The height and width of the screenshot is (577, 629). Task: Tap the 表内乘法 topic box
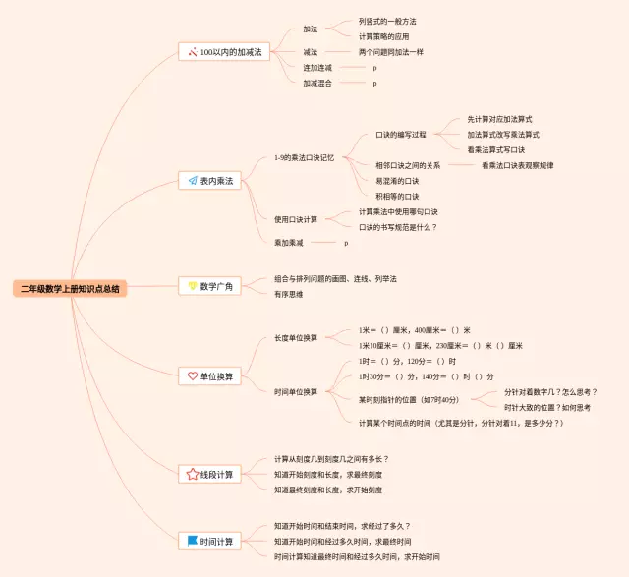coord(210,180)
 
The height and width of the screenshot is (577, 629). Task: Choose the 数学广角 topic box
coord(208,286)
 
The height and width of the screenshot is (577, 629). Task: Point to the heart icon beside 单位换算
coord(193,375)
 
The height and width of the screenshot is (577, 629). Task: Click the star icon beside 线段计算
coord(193,474)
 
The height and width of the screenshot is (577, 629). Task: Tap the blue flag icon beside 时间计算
coord(193,541)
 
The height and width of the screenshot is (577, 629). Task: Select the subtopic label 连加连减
coord(317,68)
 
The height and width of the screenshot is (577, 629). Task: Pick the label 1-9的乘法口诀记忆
coord(305,157)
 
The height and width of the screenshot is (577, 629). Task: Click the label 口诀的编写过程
coord(401,134)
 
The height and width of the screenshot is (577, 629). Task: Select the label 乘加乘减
coord(289,242)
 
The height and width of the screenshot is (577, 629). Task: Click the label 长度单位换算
coord(296,338)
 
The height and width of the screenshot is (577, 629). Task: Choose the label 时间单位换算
coord(296,391)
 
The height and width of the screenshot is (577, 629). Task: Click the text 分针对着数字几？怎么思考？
coord(549,391)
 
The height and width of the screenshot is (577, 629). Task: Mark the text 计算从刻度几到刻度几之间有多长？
coord(331,459)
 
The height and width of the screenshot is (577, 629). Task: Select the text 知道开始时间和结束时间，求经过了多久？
coord(342,526)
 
